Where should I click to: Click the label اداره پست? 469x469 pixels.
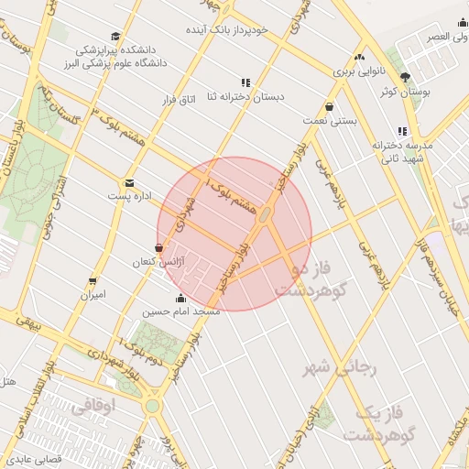click(x=126, y=196)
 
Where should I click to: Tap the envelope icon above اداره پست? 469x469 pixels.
click(x=128, y=183)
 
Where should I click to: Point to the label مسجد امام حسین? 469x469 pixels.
click(x=180, y=311)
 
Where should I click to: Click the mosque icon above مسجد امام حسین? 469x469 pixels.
click(x=180, y=298)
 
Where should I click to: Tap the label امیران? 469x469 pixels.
click(x=93, y=295)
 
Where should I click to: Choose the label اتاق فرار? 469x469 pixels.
click(x=180, y=96)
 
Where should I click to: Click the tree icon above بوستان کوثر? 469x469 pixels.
click(x=405, y=77)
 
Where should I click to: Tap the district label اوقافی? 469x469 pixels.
click(x=93, y=409)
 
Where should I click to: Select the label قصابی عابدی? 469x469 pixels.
click(x=30, y=457)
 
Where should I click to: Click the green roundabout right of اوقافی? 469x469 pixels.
click(x=152, y=405)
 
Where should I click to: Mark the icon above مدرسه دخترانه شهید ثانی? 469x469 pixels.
click(x=402, y=131)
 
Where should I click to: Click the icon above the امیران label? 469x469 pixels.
click(x=93, y=281)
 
